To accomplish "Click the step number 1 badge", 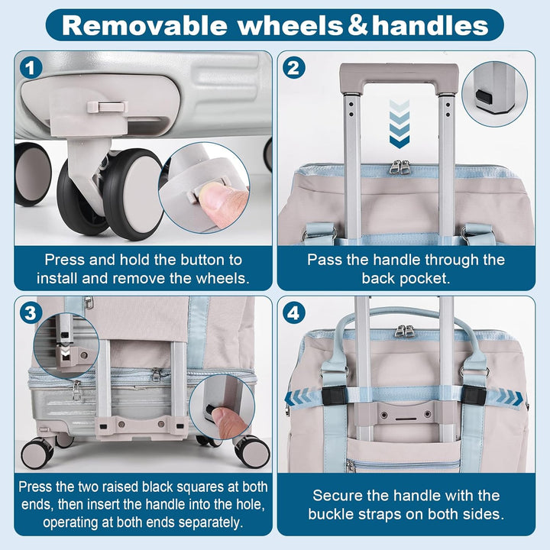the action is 31,68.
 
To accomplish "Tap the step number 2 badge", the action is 293,68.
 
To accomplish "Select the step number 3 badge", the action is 31,312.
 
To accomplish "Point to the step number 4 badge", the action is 293,312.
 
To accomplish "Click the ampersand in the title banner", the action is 358,25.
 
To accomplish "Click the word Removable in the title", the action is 144,25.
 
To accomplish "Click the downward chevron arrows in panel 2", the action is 400,124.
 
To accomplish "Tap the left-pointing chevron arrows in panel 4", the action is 297,397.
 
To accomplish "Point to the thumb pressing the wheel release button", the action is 223,204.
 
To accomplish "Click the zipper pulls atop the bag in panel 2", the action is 400,167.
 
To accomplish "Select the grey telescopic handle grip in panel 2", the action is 399,77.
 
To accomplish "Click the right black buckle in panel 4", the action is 474,395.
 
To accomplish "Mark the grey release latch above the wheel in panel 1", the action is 108,106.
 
